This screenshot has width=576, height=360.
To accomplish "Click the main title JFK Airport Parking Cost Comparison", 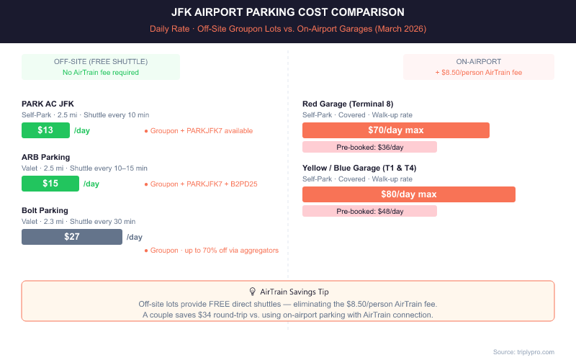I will pos(288,12).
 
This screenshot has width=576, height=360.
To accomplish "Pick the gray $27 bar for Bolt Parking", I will pos(72,237).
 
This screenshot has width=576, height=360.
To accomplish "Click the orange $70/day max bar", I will pos(395,130).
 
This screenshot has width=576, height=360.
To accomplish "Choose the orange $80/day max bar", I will pos(408,194).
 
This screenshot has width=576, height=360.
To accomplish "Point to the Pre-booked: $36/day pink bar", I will pos(369,147).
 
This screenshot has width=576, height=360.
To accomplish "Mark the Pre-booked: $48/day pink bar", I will pos(369,211).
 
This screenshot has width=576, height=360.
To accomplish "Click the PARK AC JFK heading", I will pos(48,104).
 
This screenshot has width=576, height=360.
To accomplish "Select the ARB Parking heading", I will pos(45,157).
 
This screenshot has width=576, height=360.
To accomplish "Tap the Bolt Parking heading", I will pos(45,210).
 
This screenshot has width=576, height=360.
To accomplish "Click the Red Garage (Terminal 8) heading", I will pos(348,104).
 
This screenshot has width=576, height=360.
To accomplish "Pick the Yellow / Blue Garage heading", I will pos(359,168).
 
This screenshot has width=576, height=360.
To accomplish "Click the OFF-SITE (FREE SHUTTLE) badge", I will pos(101,66).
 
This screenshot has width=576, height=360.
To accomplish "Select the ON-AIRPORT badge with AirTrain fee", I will pos(479,66).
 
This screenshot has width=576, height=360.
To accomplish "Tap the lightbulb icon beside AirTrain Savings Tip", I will pos(252,292).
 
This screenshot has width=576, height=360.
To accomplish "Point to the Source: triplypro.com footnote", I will pos(523,351).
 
